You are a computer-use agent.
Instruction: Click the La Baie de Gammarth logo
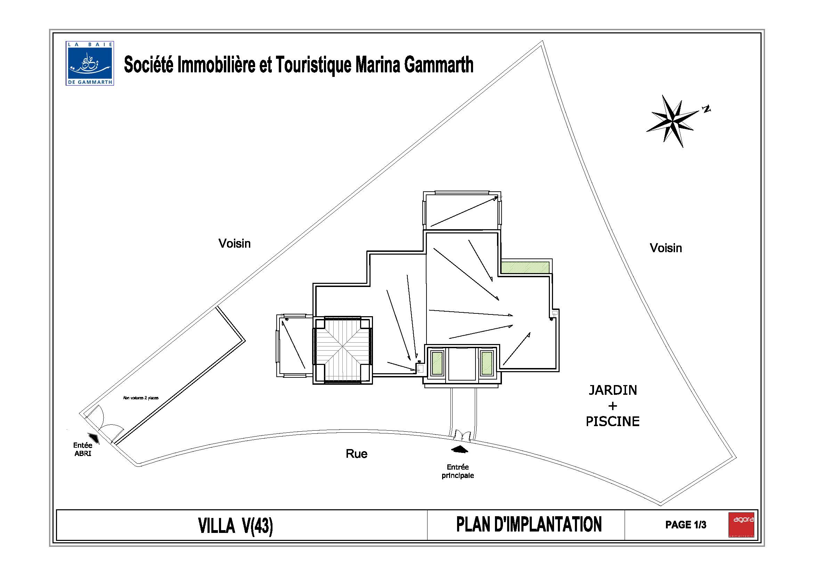[x=90, y=63]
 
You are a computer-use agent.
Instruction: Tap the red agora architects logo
[x=741, y=524]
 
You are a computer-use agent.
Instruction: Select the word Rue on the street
[x=357, y=454]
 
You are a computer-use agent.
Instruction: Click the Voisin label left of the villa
[x=234, y=244]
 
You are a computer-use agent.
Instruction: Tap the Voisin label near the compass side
[x=666, y=248]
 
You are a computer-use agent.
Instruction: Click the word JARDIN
[x=612, y=390]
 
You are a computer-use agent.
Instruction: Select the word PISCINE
[x=612, y=422]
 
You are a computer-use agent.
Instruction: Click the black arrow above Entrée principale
[x=459, y=449]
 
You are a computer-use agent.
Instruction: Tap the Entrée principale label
[x=457, y=471]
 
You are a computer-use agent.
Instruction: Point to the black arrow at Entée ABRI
[x=94, y=438]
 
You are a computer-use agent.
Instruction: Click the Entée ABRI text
[x=83, y=449]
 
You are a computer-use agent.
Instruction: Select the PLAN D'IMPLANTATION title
[x=529, y=525]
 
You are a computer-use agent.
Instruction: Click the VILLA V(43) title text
[x=235, y=526]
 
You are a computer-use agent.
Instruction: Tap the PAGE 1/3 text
[x=685, y=525]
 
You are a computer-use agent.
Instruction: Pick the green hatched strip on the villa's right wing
[x=525, y=267]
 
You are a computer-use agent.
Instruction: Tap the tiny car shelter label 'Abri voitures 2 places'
[x=140, y=398]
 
